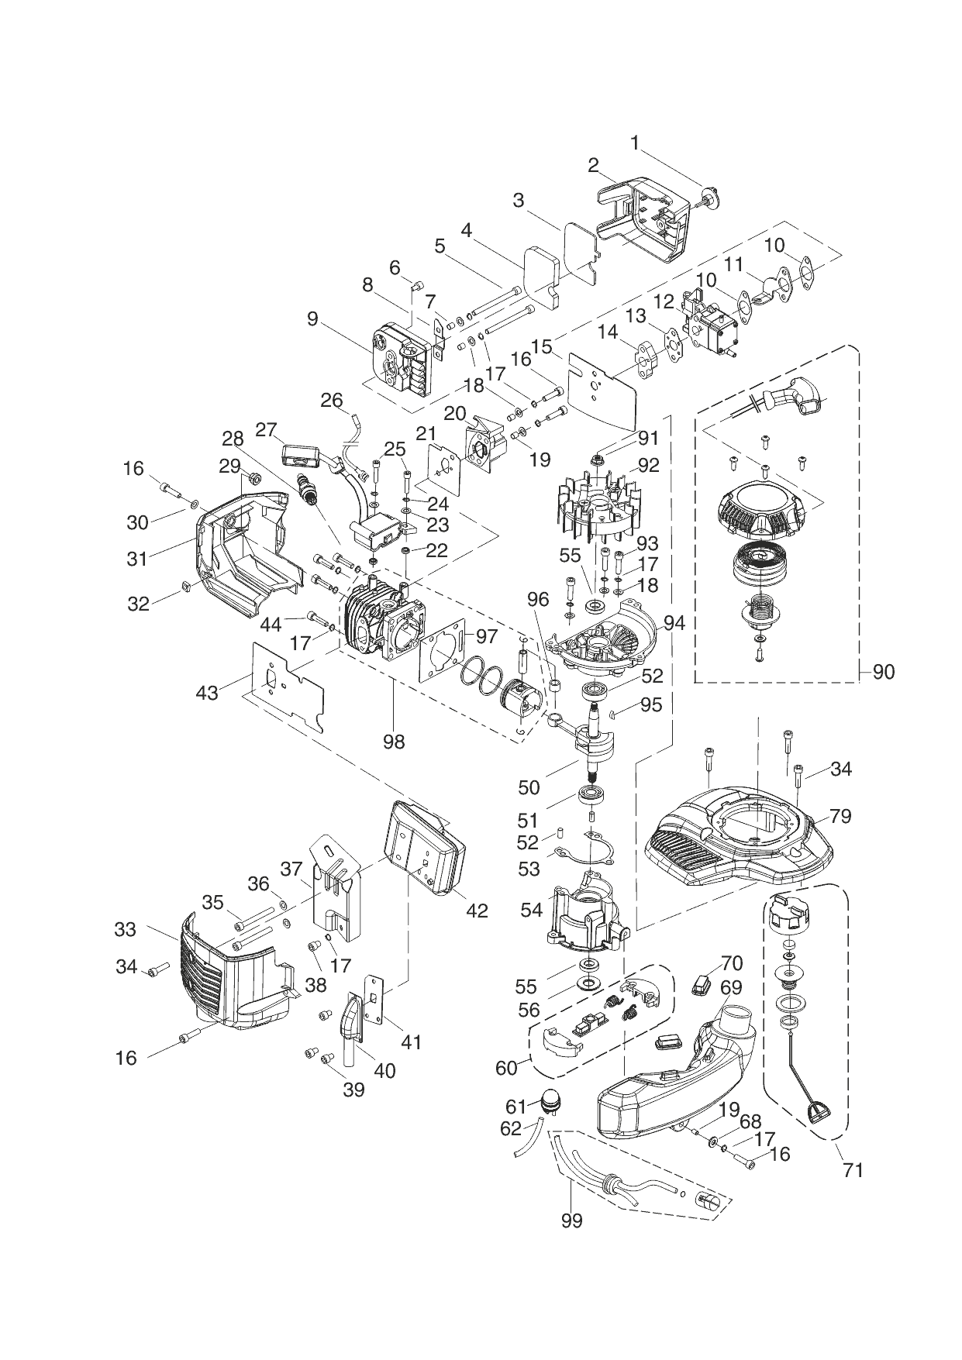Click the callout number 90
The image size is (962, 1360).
[x=883, y=672]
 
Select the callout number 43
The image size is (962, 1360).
[x=207, y=692]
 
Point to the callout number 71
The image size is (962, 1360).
[x=853, y=1169]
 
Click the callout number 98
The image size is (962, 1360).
[x=394, y=742]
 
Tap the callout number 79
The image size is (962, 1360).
[x=840, y=815]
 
